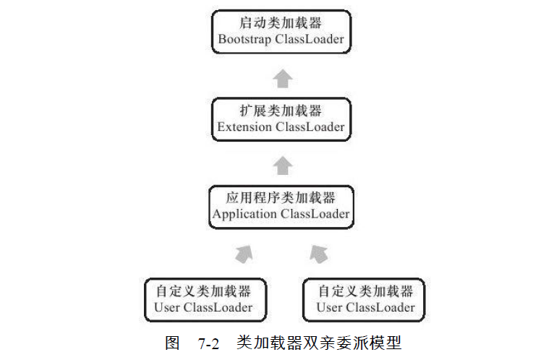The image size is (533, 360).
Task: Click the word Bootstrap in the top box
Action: [244, 39]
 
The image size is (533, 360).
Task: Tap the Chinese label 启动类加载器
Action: [281, 22]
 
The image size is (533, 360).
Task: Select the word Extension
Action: [244, 127]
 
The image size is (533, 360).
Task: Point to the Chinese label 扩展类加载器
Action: [281, 111]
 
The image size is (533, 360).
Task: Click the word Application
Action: [244, 214]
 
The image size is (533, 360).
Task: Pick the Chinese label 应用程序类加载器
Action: [281, 197]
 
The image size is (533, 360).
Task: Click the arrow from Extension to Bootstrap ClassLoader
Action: [283, 79]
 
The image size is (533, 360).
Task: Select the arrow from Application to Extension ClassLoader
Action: [283, 166]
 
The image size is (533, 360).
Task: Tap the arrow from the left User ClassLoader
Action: [244, 254]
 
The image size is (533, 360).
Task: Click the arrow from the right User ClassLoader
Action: [319, 254]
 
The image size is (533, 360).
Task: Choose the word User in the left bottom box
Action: [167, 307]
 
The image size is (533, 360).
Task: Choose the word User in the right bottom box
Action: [329, 307]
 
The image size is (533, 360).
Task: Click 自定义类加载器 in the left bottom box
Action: [203, 291]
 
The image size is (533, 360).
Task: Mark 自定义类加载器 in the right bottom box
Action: [366, 291]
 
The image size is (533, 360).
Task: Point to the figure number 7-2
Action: [209, 344]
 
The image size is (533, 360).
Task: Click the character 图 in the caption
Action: [172, 343]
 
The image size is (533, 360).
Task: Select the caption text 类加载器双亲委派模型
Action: [319, 343]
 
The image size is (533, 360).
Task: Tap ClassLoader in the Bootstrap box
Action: [310, 39]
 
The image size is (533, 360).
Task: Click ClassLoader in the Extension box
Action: [310, 127]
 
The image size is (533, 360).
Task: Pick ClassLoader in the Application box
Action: [315, 214]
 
